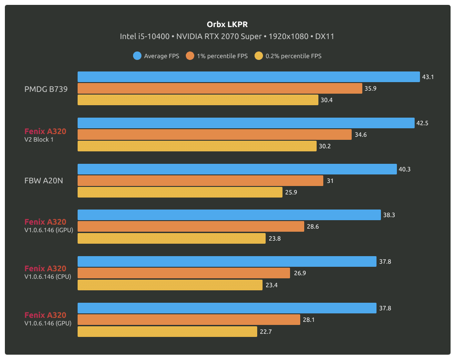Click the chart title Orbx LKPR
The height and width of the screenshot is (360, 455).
227,24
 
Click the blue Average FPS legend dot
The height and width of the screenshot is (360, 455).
137,56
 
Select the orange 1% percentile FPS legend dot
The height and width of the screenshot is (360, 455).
190,56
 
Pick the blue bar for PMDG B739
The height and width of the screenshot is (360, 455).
248,77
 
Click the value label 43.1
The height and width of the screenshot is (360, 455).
428,77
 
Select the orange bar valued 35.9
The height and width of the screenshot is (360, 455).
220,88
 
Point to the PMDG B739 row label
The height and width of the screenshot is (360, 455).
46,89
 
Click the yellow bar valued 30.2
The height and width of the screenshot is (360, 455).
197,146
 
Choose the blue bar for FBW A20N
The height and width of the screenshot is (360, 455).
237,169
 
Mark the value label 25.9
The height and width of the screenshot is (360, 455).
291,192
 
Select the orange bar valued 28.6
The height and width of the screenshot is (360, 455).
191,227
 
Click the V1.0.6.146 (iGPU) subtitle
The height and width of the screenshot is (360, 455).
49,229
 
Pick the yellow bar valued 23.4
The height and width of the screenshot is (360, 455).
170,285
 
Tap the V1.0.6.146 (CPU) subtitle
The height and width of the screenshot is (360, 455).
48,276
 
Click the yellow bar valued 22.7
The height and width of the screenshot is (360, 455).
167,331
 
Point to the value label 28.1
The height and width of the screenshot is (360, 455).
309,320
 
